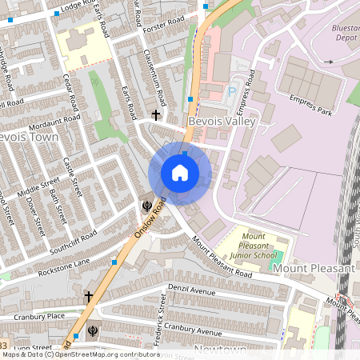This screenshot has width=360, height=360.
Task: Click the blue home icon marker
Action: coord(180,172)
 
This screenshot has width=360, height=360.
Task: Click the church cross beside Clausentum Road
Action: coord(156,115)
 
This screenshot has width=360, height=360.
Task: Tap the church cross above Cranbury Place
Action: coord(88,297)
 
